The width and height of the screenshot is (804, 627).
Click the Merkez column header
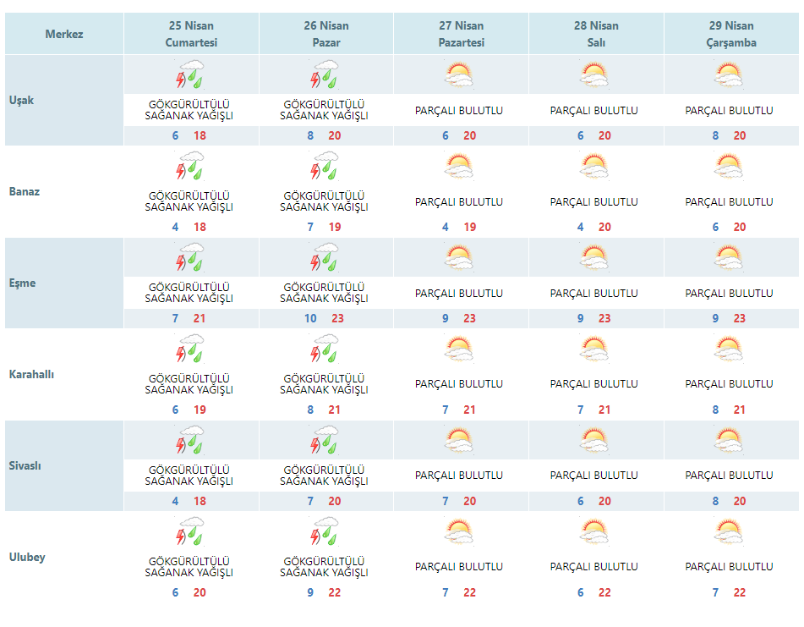point(63,34)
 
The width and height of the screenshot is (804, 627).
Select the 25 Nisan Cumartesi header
point(191,34)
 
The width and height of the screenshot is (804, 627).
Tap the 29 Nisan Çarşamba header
point(731,34)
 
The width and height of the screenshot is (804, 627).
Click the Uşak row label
point(21,100)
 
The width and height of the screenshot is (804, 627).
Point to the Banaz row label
point(25,191)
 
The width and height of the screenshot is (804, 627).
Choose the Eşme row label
point(23,283)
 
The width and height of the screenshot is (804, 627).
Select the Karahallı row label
point(31,374)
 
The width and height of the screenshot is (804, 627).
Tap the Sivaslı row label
point(25,465)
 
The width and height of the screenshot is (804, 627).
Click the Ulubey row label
point(27,557)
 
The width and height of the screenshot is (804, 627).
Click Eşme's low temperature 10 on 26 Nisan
point(310,318)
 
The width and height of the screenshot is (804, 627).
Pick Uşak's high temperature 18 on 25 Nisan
point(200,135)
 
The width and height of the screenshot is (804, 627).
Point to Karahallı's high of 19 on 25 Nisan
point(200,410)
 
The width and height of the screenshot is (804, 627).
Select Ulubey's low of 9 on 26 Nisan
point(310,592)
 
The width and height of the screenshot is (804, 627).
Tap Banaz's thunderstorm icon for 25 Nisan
point(191,166)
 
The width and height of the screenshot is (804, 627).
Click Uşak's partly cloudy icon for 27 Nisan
point(459,75)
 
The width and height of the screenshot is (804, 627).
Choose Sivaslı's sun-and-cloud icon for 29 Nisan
point(729,441)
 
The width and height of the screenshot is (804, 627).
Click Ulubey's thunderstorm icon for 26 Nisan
point(325,531)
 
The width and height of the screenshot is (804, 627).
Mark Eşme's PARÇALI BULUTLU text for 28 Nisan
point(593,294)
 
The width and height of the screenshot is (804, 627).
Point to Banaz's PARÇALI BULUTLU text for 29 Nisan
point(729,202)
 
